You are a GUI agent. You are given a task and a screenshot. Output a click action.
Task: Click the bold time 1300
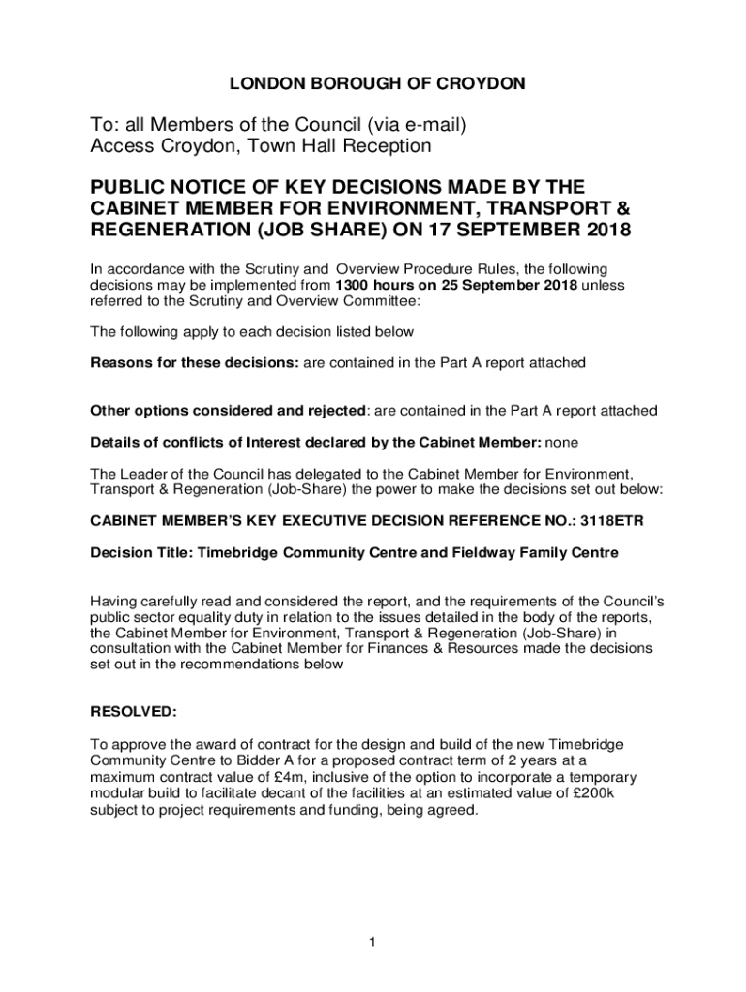(x=355, y=285)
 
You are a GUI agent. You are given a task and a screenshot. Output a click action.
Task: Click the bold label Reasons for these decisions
(x=195, y=363)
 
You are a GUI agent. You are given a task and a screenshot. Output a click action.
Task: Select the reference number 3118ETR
(x=611, y=520)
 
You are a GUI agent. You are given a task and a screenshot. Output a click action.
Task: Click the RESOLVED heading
(x=134, y=711)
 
